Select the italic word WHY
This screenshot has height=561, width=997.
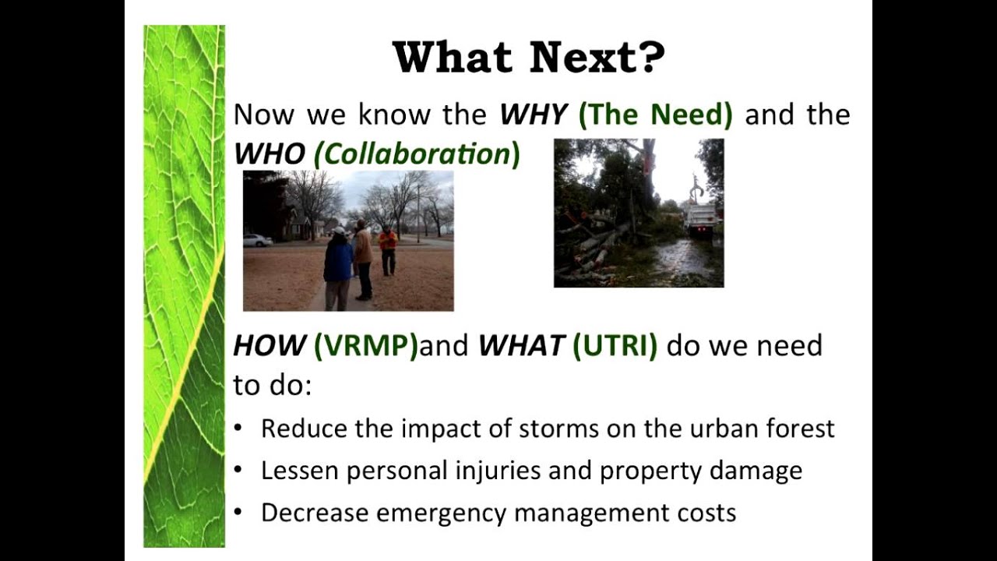(x=534, y=115)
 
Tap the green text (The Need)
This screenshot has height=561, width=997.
(x=655, y=115)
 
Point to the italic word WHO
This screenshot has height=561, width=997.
(x=269, y=154)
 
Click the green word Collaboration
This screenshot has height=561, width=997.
(x=416, y=154)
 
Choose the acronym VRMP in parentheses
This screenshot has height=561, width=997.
(x=366, y=345)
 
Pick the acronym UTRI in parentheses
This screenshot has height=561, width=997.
(x=615, y=345)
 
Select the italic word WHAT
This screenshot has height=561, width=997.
(x=521, y=345)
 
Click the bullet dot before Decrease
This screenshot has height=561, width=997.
(x=238, y=513)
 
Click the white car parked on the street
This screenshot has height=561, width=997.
(x=257, y=240)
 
